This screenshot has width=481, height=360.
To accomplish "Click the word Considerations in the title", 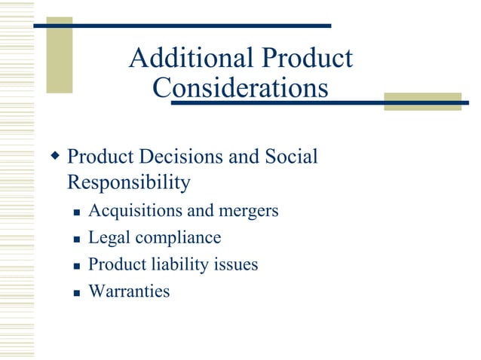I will click(240, 88).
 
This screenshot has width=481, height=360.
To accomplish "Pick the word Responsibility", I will click(129, 182).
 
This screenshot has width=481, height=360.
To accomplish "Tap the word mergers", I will click(247, 211).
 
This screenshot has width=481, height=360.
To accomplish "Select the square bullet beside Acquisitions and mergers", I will click(76, 212).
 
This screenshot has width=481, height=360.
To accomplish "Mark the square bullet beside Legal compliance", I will click(76, 239).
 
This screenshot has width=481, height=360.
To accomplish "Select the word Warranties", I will click(129, 291).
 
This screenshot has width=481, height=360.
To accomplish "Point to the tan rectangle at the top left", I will click(60, 55).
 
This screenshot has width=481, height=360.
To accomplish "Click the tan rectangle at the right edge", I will click(422, 101).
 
